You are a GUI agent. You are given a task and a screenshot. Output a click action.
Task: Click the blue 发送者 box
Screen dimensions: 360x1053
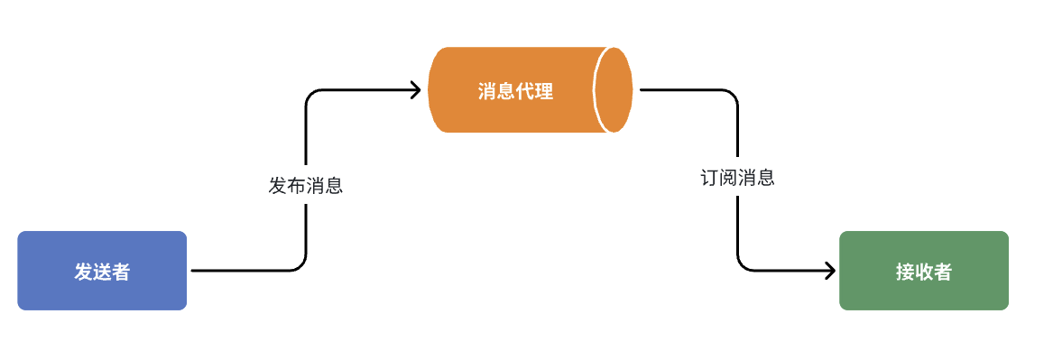(x=102, y=271)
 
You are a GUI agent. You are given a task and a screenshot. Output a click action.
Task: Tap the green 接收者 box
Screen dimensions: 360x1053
(x=923, y=271)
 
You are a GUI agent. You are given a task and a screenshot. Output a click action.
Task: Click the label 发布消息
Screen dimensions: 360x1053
(x=306, y=187)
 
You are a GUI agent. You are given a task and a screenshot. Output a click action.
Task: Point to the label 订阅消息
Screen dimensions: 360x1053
(x=738, y=178)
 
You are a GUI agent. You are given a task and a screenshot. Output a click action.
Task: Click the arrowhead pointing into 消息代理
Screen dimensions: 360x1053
(x=417, y=89)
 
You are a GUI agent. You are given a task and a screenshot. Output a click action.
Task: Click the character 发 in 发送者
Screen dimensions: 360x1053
(x=83, y=272)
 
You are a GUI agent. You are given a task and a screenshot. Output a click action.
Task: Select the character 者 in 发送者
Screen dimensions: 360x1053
(x=121, y=272)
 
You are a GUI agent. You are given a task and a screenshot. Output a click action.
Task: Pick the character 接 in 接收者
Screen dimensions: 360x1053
(x=905, y=272)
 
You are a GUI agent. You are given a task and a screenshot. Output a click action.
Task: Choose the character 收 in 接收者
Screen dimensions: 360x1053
(x=924, y=272)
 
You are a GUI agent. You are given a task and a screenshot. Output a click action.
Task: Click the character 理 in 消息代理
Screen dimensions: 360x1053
(x=544, y=91)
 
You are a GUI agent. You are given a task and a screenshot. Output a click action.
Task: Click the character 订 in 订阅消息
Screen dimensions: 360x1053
(x=710, y=178)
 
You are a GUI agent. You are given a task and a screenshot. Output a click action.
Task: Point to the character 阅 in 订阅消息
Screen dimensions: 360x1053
(x=729, y=178)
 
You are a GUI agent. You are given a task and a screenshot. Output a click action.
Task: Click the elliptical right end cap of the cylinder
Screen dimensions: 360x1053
(x=613, y=90)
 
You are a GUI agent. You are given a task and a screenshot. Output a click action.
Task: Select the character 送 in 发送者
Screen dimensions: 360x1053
(x=102, y=272)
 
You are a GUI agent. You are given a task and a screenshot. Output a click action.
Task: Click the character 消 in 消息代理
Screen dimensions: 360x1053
(x=487, y=91)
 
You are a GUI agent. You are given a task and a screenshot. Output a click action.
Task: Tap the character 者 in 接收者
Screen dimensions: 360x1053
(x=943, y=272)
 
